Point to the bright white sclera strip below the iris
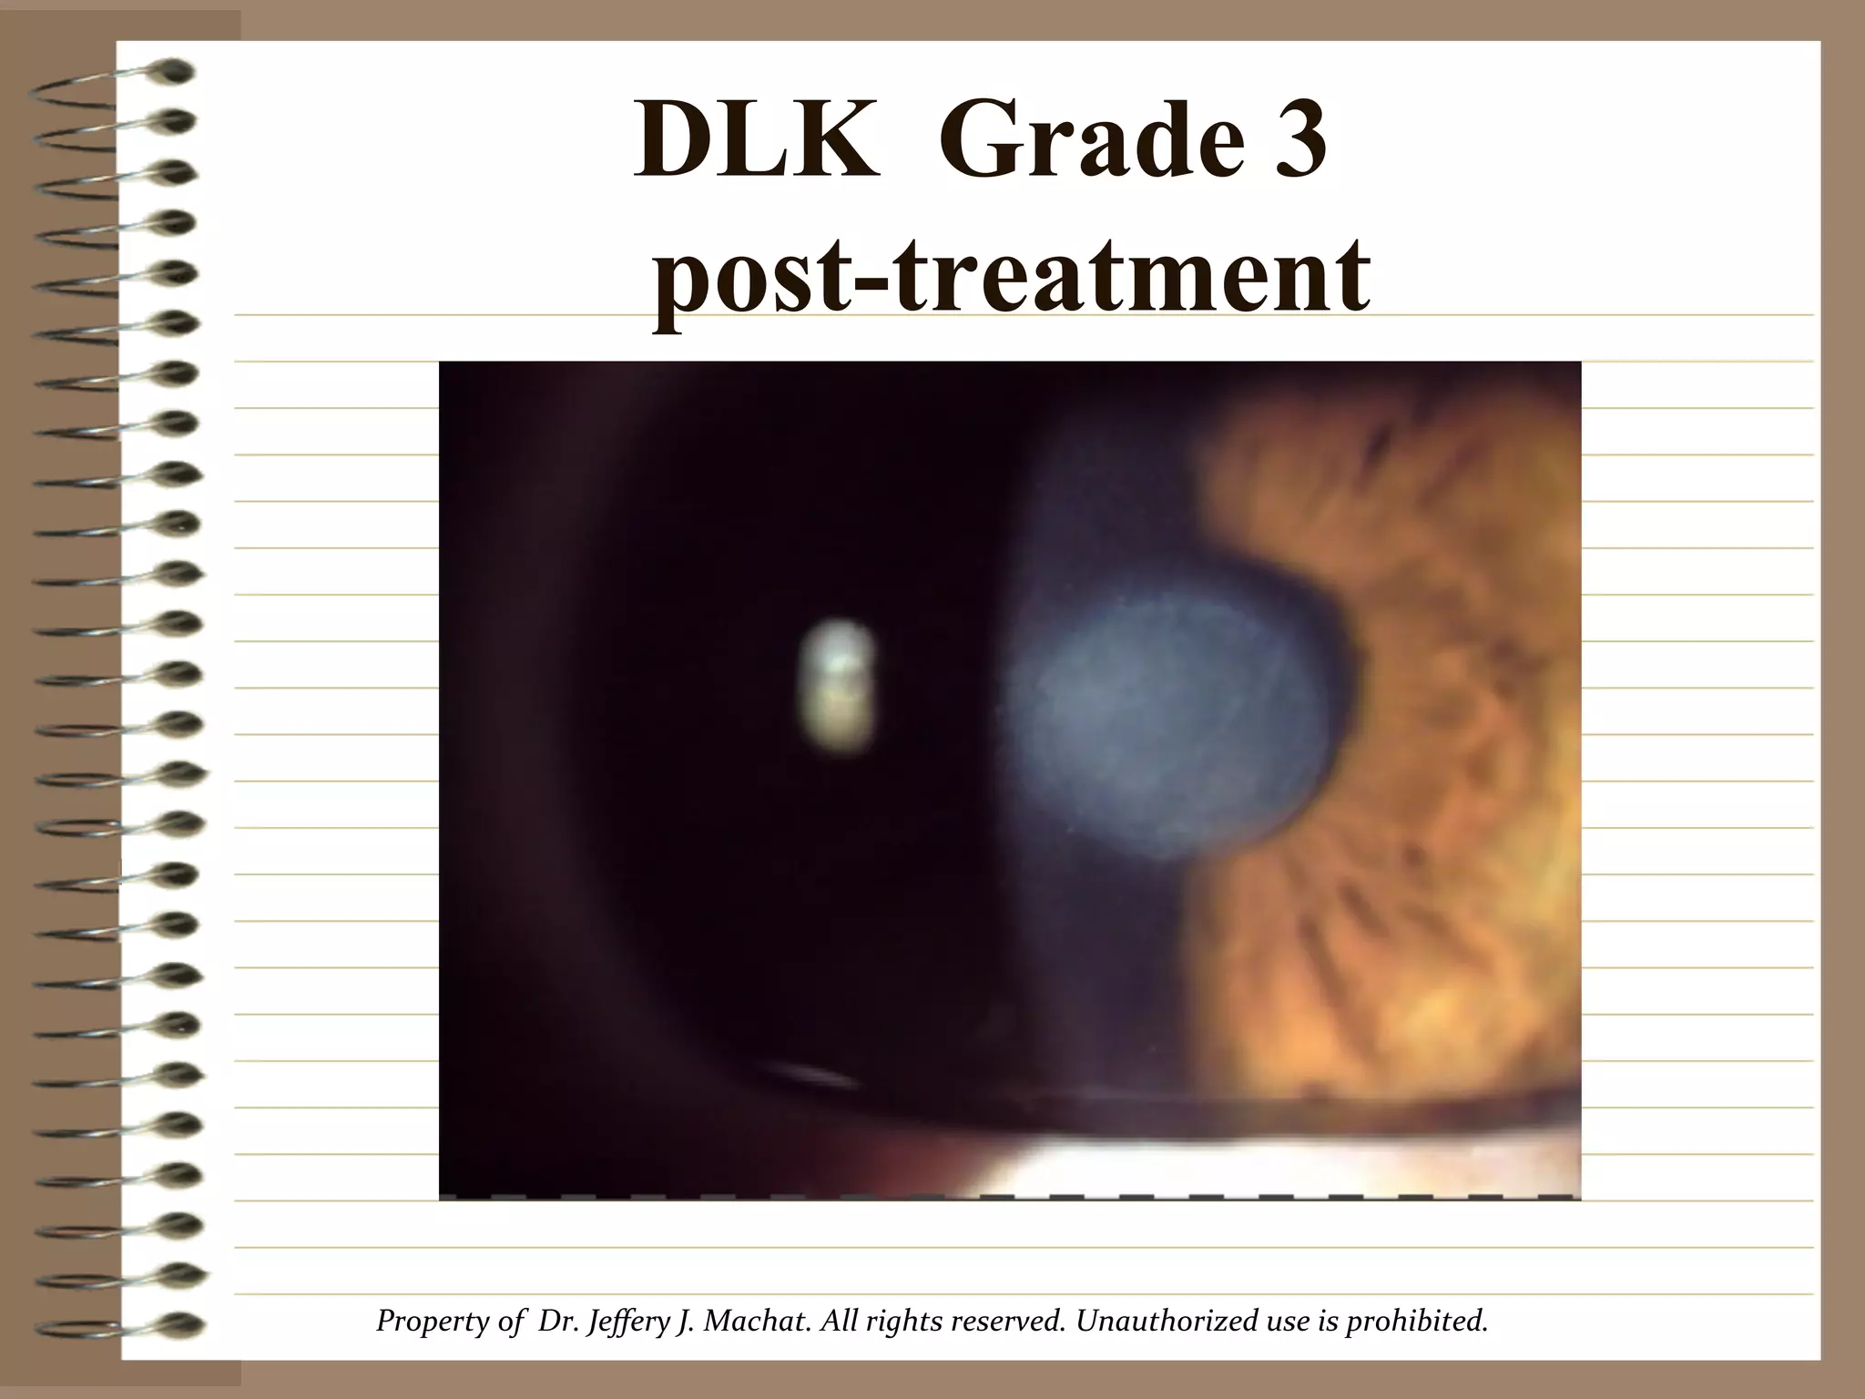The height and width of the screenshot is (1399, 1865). tap(1275, 1166)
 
